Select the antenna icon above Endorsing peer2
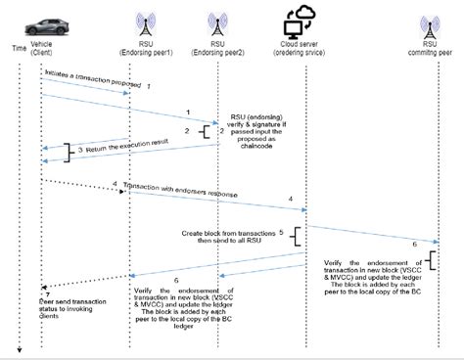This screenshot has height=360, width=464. (x=216, y=25)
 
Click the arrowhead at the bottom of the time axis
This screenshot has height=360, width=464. (x=18, y=349)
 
